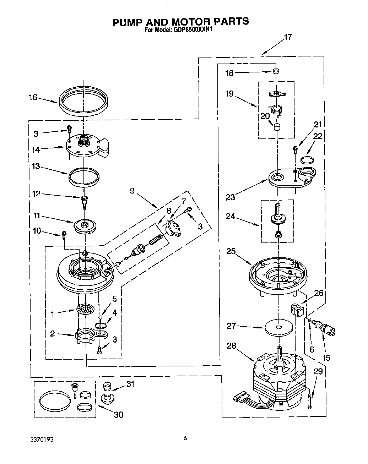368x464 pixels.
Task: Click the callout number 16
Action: point(33,97)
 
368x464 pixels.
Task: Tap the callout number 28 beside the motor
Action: point(232,346)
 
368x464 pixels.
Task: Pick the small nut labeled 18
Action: point(275,71)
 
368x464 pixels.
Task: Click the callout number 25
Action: point(231,252)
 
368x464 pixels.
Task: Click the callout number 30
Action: point(118,414)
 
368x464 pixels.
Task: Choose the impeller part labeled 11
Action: point(84,226)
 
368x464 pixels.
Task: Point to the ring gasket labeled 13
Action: point(83,176)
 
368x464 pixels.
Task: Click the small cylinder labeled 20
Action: point(276,127)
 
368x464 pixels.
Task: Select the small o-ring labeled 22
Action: point(308,160)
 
